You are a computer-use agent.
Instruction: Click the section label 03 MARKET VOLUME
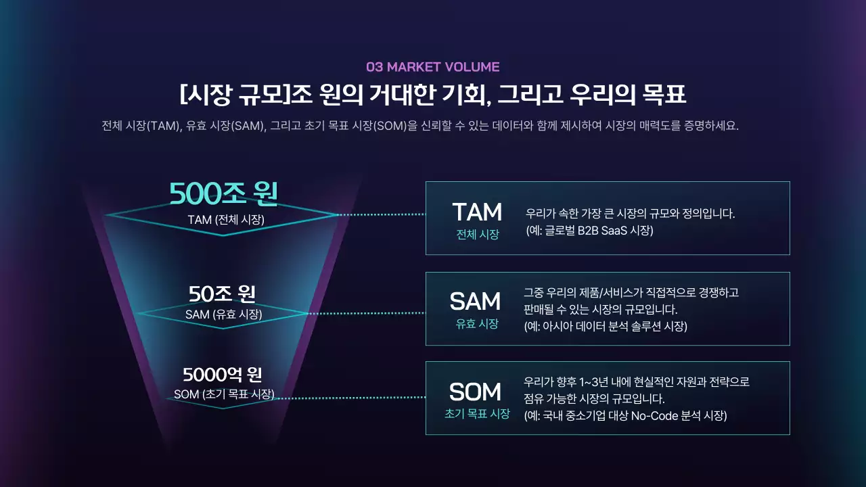click(x=432, y=67)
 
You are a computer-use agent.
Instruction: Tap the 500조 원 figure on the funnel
click(x=223, y=194)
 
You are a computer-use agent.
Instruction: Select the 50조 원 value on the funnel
click(x=222, y=294)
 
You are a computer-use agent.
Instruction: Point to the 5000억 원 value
click(x=223, y=374)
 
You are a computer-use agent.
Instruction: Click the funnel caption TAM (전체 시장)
click(x=226, y=219)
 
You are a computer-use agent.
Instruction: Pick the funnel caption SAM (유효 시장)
click(x=223, y=314)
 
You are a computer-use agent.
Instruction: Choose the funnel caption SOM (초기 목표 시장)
click(x=224, y=394)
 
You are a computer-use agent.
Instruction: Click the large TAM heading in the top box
click(x=477, y=212)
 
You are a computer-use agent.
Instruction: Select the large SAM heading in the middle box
click(x=475, y=302)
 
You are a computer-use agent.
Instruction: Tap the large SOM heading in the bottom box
click(x=475, y=392)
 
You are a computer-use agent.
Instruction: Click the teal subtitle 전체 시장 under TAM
click(x=477, y=235)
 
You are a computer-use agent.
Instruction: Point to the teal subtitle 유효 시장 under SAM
click(x=476, y=324)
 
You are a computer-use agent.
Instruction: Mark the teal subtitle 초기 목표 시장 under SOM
click(x=476, y=413)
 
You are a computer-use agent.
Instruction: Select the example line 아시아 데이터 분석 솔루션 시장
click(x=610, y=326)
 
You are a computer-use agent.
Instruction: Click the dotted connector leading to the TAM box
click(x=382, y=214)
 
